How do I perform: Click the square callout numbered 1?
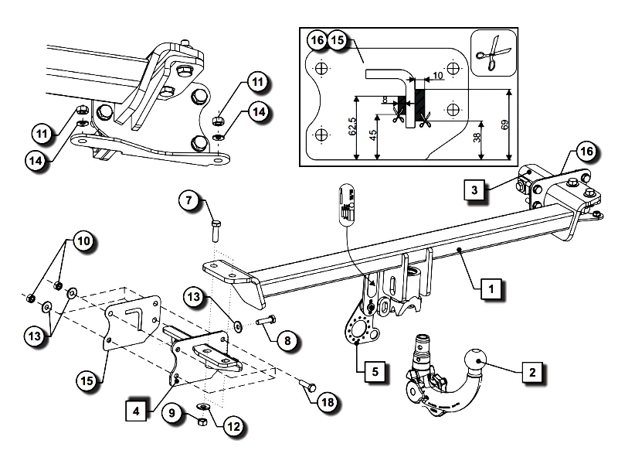coord(491,289)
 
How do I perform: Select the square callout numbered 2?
coord(531,372)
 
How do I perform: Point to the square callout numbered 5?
coord(375,371)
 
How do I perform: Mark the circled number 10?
coord(83,242)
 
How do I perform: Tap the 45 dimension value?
coord(372,136)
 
